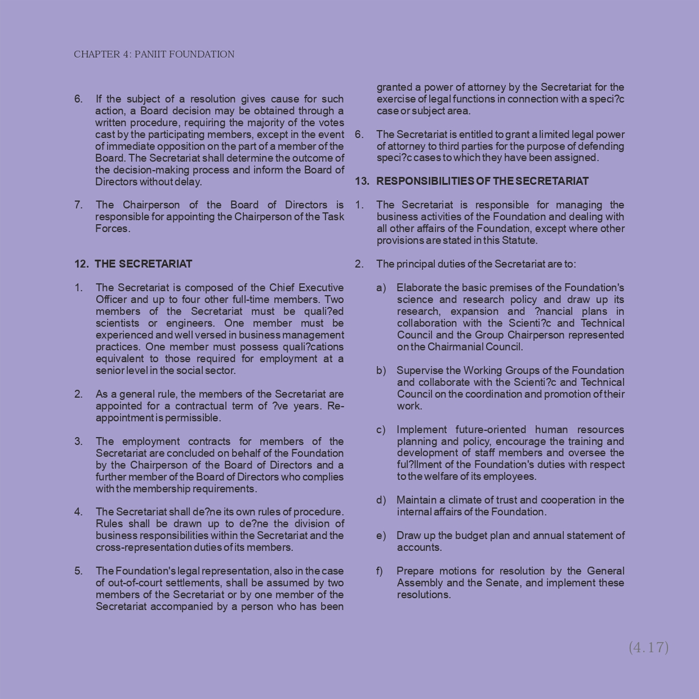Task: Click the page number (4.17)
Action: point(648,647)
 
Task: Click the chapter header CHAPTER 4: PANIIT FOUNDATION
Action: point(154,55)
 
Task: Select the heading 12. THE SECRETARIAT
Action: point(133,264)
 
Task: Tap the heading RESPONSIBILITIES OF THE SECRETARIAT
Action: point(482,181)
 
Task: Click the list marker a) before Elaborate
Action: point(381,288)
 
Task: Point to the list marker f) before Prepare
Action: point(380,571)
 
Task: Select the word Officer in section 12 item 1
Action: point(112,300)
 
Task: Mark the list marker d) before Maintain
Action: point(381,500)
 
